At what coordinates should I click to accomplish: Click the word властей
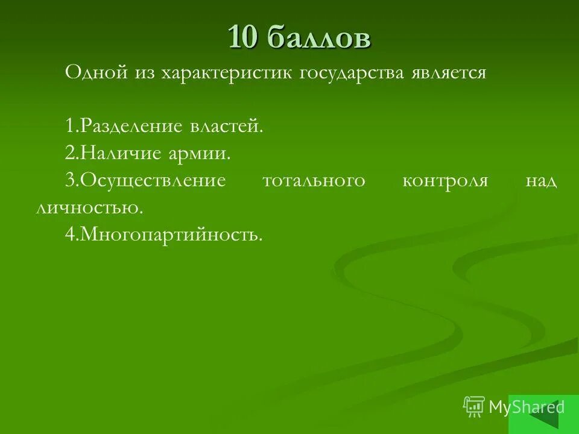pyautogui.click(x=227, y=127)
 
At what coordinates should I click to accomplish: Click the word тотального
pyautogui.click(x=314, y=181)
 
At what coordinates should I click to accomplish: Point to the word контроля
pyautogui.click(x=445, y=181)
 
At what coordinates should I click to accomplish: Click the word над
pyautogui.click(x=541, y=181)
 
